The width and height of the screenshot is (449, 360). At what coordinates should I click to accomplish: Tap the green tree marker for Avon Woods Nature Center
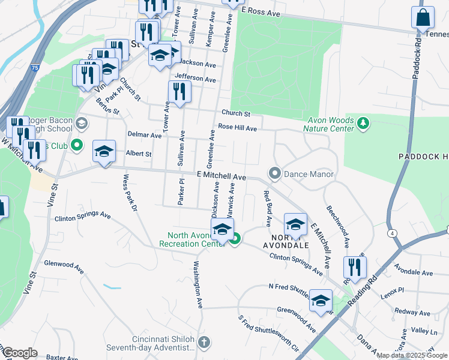tap(363, 124)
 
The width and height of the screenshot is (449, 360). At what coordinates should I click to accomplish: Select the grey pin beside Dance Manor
tap(275, 174)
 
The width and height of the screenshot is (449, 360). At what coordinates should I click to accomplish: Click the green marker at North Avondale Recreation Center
tap(235, 239)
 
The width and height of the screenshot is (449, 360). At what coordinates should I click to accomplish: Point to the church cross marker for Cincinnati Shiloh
tap(204, 343)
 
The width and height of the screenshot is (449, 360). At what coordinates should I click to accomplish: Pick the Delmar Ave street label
tap(144, 136)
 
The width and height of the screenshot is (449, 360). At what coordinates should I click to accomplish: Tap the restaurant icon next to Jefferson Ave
tap(179, 91)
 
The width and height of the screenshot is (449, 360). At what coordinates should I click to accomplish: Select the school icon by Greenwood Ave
tap(321, 300)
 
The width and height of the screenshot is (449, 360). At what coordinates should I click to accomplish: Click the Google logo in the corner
tap(20, 353)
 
